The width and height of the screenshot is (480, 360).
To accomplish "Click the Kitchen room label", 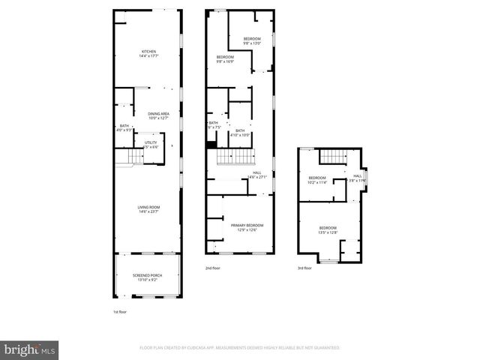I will tap(148, 53).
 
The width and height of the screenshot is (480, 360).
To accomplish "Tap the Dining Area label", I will tap(158, 115).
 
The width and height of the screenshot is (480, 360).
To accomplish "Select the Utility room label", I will tap(151, 144).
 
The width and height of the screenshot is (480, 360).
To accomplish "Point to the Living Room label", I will tap(148, 209).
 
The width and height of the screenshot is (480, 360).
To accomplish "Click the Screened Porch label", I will tap(148, 277).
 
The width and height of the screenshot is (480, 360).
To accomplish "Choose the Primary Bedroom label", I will tap(247, 227).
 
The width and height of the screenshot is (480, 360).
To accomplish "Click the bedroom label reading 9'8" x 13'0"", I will tap(252, 41).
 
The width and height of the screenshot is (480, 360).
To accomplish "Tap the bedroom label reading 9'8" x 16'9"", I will tap(226, 60).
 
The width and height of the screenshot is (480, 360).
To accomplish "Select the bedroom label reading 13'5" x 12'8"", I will tap(328, 229).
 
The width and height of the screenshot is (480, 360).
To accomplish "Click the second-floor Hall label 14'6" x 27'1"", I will tap(256, 175).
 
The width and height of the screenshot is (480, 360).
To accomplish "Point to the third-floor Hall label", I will tap(357, 178).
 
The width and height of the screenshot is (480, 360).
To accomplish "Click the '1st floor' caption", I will tap(121, 311).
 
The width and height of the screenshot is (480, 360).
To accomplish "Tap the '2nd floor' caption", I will tap(213, 268).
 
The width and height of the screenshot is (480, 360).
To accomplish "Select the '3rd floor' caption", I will tap(304, 268).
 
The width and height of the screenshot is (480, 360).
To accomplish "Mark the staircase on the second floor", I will tap(236, 157).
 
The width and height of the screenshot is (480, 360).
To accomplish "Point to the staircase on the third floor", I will tap(330, 156).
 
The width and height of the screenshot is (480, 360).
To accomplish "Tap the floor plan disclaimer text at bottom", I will tap(239, 348).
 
